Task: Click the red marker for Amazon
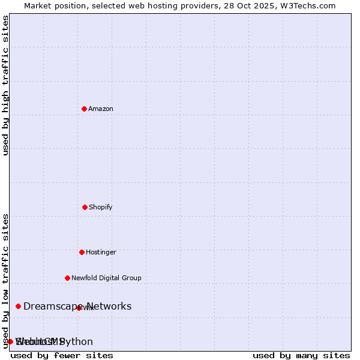(x=84, y=109)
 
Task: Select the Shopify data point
(x=85, y=207)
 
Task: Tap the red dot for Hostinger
(x=82, y=252)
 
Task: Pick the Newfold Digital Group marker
(x=67, y=278)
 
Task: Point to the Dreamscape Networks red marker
(x=18, y=306)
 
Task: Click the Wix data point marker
(x=79, y=308)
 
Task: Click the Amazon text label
(x=101, y=109)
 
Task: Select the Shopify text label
(x=101, y=207)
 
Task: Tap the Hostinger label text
(x=101, y=252)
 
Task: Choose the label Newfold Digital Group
(x=106, y=278)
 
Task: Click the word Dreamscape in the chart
(x=53, y=307)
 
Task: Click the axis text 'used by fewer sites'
(x=62, y=355)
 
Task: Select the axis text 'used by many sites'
(x=301, y=355)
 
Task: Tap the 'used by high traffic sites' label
(x=6, y=85)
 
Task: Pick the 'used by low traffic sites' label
(x=6, y=281)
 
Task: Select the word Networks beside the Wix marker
(x=109, y=307)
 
